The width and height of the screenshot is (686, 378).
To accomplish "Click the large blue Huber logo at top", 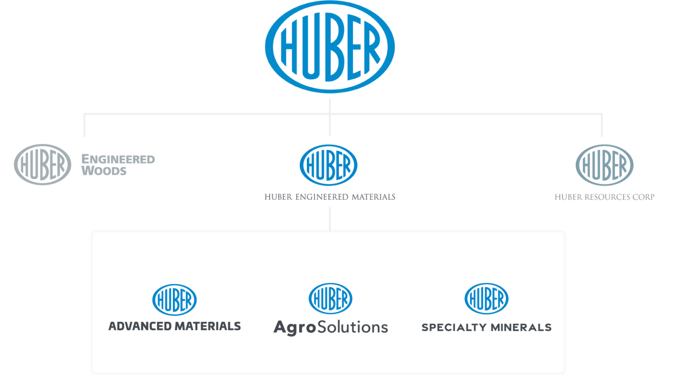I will tap(330, 46).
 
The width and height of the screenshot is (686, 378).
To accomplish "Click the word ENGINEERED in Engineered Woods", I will tap(118, 159).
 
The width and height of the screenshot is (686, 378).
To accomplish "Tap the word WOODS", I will tap(104, 171).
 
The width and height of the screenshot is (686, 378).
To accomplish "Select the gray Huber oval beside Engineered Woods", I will tap(42, 164).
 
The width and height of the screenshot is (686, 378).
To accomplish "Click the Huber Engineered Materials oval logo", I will tap(328, 165).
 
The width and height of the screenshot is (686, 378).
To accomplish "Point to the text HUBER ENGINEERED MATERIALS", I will tap(330, 197).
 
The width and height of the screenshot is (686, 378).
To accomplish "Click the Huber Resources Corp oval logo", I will tap(604, 165).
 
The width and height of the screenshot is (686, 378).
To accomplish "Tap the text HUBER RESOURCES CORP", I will tap(604, 197).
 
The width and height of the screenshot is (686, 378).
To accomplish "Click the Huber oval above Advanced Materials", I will tap(175, 299).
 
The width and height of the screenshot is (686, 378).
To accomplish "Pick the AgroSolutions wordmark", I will tap(330, 327).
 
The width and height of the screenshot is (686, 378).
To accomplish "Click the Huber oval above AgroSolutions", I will tap(330, 299).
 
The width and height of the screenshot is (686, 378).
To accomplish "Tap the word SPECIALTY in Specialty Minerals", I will tap(454, 327).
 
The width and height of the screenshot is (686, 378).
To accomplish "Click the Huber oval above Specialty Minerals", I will tap(487, 299).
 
